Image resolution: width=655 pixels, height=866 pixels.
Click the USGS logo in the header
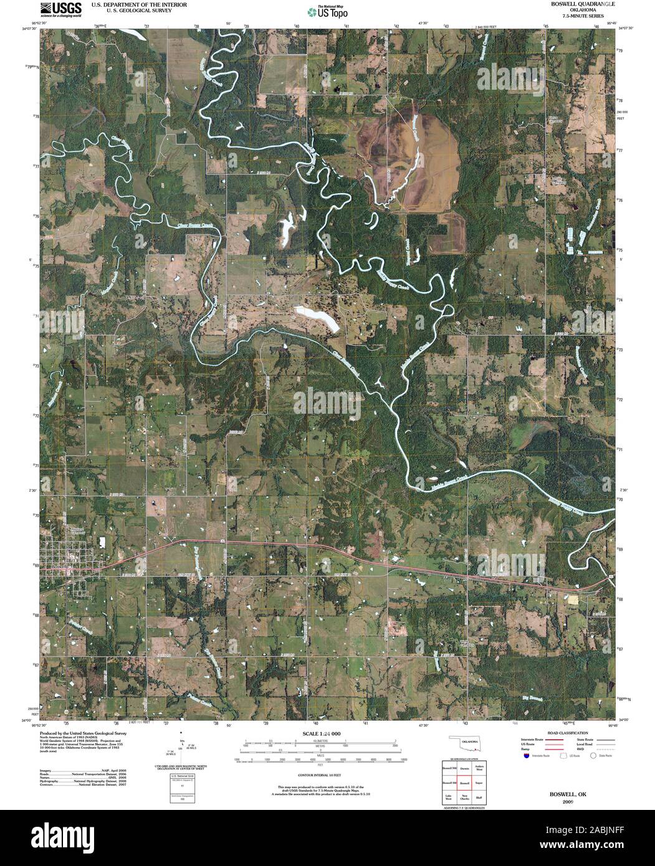point(60,9)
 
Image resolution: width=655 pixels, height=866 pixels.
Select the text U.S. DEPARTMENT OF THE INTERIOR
point(139,4)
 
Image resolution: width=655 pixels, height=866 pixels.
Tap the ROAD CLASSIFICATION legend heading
point(567,734)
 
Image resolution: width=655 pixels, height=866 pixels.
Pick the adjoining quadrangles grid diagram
point(464,782)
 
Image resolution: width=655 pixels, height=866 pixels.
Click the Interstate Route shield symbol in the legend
point(527,755)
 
